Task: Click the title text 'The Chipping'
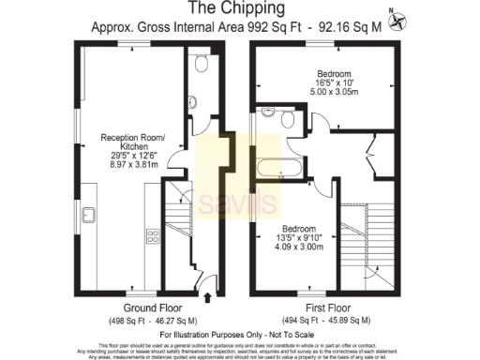[239, 9]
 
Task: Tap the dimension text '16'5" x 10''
[333, 83]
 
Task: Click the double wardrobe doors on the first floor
[373, 155]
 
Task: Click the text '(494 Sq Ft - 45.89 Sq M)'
[328, 322]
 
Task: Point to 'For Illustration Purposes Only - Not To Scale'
[239, 334]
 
